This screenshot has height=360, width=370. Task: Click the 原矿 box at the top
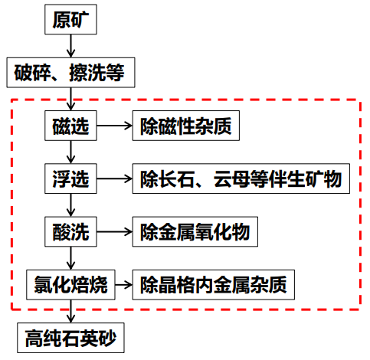point(70,19)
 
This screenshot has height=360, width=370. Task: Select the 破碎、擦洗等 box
point(70,73)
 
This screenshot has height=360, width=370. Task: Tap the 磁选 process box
point(70,126)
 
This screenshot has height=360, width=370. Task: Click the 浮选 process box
point(70,178)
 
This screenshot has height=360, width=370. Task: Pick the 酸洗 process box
point(70,231)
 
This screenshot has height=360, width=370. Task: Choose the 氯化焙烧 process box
point(70,285)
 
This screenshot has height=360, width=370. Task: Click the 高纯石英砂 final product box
point(70,338)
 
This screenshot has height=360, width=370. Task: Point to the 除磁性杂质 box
point(186,126)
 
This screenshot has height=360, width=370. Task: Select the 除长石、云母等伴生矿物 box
point(241,178)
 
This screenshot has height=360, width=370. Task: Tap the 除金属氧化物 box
point(195,231)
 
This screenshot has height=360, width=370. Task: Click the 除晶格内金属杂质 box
point(214,285)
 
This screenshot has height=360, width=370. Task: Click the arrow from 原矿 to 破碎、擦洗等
point(70,46)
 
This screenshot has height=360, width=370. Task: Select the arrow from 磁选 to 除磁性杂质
point(115,126)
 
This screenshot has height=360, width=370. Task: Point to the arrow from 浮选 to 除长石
point(115,178)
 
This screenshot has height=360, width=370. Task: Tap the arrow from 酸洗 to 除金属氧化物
point(115,231)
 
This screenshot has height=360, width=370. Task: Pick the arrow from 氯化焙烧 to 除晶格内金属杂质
point(124,285)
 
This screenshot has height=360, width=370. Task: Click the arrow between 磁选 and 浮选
point(70,152)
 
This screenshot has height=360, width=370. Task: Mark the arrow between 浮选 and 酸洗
point(70,205)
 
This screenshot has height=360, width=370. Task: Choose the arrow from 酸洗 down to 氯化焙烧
point(70,258)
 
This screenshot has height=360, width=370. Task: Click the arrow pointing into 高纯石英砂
point(70,311)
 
